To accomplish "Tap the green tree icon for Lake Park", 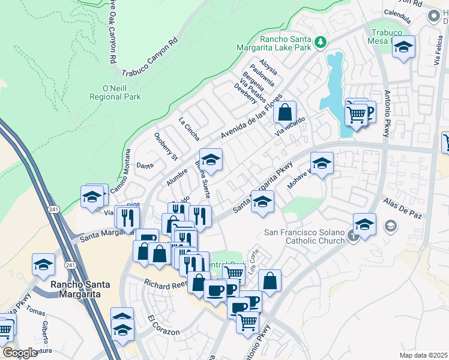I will click(x=321, y=41).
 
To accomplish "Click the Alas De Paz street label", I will click(x=399, y=207).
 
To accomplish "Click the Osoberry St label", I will click(x=166, y=146).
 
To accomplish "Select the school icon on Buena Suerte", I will click(x=211, y=160).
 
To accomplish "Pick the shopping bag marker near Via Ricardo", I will click(x=285, y=112).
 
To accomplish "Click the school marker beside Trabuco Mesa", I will click(x=404, y=46).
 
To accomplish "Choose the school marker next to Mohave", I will click(x=322, y=164).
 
